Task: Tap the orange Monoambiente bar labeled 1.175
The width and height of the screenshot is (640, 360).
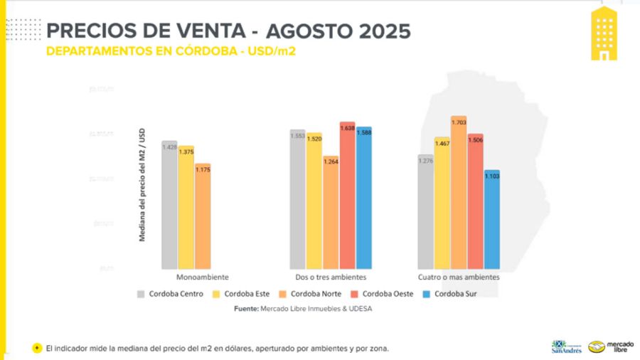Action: (x=203, y=216)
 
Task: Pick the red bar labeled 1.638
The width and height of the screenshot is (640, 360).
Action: (x=347, y=195)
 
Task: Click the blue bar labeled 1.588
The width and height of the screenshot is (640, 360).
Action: (x=364, y=198)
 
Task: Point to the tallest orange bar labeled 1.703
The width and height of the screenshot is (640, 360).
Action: (x=459, y=192)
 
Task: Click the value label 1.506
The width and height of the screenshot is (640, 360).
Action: (x=475, y=140)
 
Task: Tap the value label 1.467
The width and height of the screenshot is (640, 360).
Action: (x=442, y=144)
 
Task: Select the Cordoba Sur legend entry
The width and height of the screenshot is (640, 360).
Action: (x=454, y=294)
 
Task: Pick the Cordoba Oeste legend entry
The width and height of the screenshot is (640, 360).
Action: (x=384, y=294)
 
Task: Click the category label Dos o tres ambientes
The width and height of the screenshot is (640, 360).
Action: (x=331, y=277)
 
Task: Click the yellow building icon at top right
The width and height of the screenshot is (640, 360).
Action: (x=604, y=33)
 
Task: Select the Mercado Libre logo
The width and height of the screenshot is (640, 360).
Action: (x=604, y=346)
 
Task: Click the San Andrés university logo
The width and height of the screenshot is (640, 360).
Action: (x=567, y=346)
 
